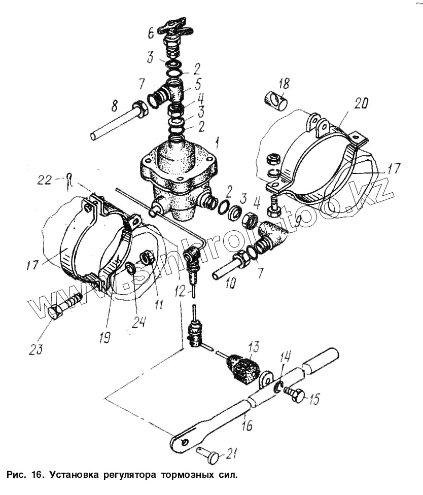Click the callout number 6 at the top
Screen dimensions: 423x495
pyautogui.click(x=151, y=32)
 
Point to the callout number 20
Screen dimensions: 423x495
pyautogui.click(x=361, y=103)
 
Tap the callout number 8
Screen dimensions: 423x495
pyautogui.click(x=115, y=106)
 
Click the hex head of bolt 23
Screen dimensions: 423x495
pyautogui.click(x=55, y=312)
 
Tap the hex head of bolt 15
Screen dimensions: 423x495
pyautogui.click(x=299, y=396)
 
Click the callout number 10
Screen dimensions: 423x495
pyautogui.click(x=230, y=283)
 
